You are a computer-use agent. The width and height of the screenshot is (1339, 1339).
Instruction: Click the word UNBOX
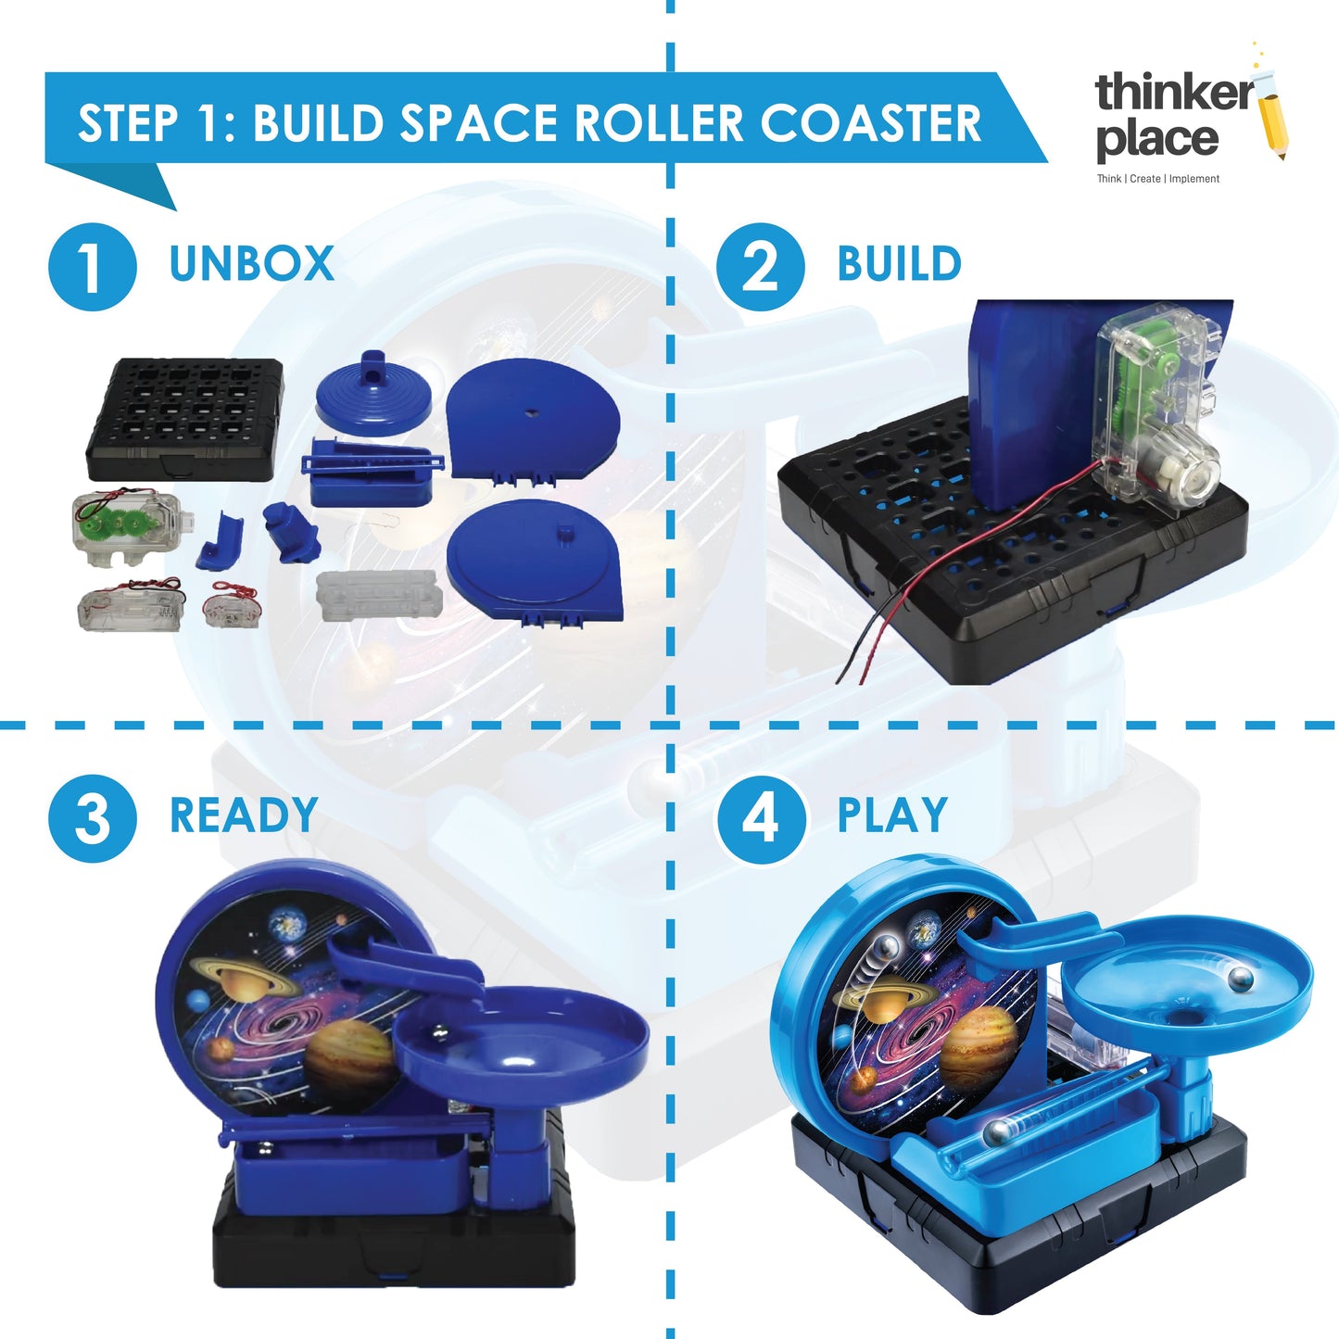point(251,263)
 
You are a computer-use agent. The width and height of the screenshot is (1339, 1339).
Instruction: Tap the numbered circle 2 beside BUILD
point(760,267)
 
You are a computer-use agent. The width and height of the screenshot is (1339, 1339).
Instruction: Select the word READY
point(244,815)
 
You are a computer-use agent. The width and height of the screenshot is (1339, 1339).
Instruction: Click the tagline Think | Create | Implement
point(1157,179)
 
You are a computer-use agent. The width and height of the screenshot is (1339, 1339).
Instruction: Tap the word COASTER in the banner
point(870,123)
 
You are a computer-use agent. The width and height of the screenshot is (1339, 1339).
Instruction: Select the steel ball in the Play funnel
point(1241,979)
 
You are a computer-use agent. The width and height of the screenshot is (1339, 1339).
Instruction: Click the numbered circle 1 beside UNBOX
point(93,267)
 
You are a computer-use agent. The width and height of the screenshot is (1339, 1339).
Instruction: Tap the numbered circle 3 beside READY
point(93,819)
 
